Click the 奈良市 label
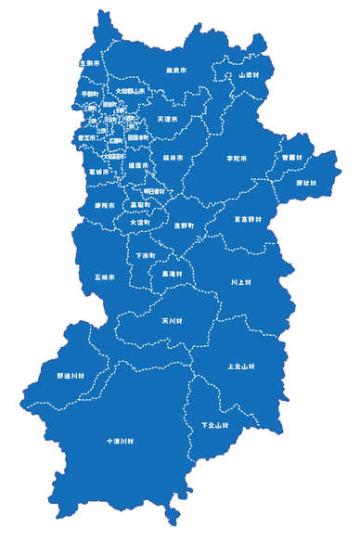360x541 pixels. click(177, 70)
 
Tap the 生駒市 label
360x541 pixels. click(88, 63)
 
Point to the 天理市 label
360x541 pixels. click(166, 119)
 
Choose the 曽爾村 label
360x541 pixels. click(293, 158)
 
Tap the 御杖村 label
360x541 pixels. click(306, 183)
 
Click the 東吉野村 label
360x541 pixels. click(248, 219)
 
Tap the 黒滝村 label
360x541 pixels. click(173, 274)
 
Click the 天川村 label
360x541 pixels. click(172, 321)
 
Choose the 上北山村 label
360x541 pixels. click(240, 366)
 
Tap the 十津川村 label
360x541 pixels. click(121, 443)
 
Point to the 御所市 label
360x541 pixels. click(104, 204)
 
